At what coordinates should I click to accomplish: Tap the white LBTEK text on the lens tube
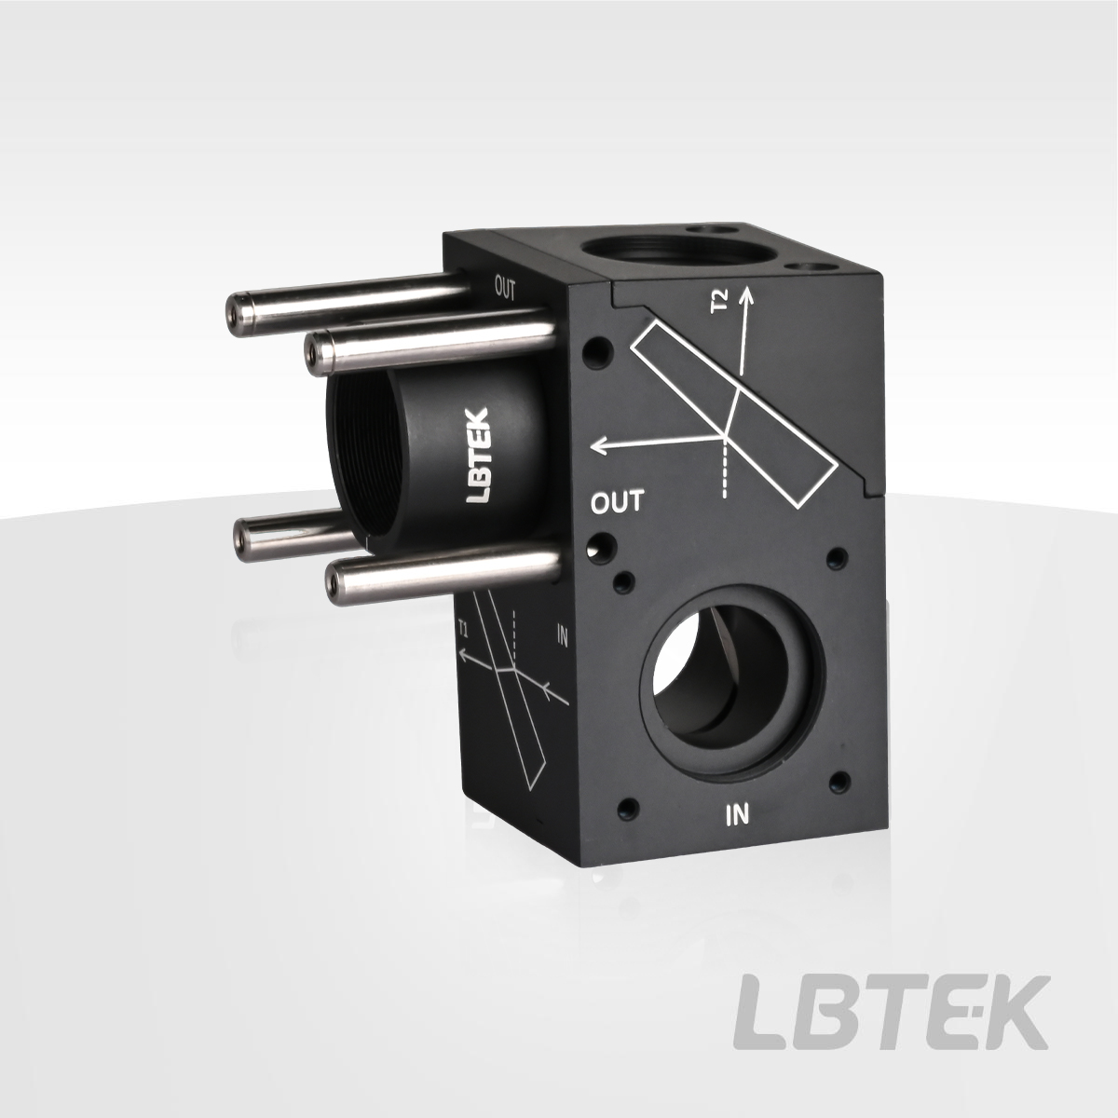pyautogui.click(x=480, y=455)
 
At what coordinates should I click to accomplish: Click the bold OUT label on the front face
pyautogui.click(x=618, y=502)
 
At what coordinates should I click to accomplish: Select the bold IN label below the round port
pyautogui.click(x=738, y=815)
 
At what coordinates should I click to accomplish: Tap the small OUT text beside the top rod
pyautogui.click(x=505, y=289)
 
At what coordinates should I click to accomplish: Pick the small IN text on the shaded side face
pyautogui.click(x=562, y=636)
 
